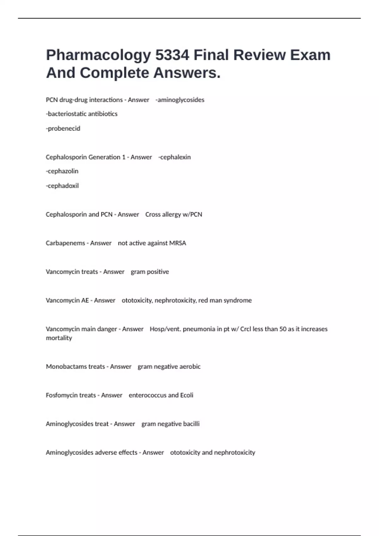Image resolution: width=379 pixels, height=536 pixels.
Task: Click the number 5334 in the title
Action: (x=172, y=55)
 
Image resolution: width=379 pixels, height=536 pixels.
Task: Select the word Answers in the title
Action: (x=187, y=73)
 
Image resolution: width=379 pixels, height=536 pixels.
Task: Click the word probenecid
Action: (x=64, y=129)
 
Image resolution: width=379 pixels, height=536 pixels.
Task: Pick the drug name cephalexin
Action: (x=175, y=157)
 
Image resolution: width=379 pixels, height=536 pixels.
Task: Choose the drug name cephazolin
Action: (x=63, y=171)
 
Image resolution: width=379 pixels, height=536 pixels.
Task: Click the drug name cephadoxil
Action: (x=63, y=186)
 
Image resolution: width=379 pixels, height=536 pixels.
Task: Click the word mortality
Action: (x=59, y=338)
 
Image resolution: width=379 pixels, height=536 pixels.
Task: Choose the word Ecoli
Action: (x=187, y=395)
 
